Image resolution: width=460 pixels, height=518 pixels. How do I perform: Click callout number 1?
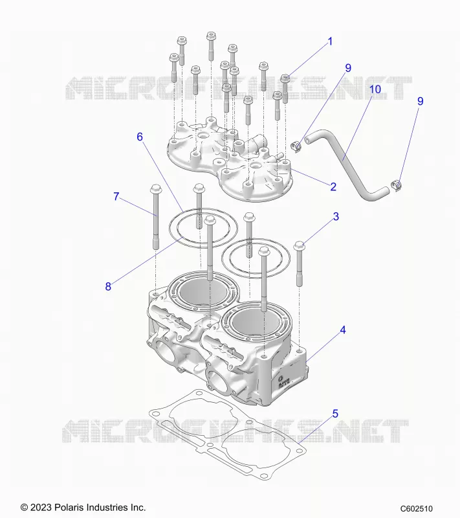330,42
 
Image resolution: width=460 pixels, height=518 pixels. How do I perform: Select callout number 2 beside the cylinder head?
333,187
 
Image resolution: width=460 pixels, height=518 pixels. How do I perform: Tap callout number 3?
336,217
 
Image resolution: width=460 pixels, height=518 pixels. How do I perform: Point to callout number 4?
343,330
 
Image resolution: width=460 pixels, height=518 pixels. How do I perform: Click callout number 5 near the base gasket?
335,414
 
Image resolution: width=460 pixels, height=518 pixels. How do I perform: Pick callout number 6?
140,137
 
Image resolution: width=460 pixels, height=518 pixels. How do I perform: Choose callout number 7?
116,197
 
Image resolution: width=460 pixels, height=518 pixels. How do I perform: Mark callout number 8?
108,286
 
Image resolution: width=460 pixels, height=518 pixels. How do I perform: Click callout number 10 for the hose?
375,89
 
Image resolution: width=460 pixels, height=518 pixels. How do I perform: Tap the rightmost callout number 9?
420,101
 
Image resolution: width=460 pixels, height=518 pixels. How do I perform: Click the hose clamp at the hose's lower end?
396,186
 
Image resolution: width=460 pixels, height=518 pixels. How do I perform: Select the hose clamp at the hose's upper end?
297,146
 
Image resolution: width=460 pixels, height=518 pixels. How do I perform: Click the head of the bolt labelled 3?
299,246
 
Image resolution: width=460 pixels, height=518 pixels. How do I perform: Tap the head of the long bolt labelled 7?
155,189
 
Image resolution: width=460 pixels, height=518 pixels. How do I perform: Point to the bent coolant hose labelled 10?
343,159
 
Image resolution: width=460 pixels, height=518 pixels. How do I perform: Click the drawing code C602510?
417,509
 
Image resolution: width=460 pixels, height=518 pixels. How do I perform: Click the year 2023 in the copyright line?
41,507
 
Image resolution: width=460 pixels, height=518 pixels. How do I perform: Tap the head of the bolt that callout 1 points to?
285,78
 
